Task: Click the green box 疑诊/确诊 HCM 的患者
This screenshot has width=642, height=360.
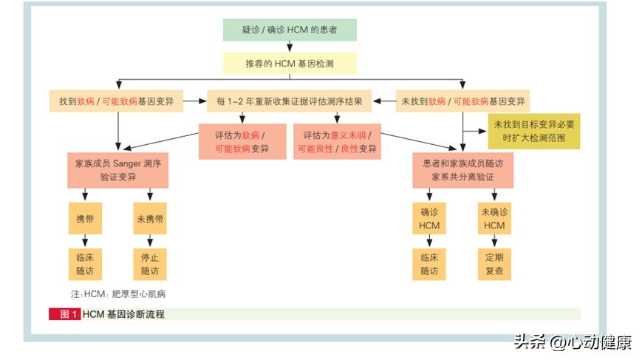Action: pos(290,30)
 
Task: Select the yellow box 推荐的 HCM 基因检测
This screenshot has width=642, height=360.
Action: pos(290,64)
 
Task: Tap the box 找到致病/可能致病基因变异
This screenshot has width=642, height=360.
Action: pos(117,101)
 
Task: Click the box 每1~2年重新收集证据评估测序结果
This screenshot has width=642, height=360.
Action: pos(289,101)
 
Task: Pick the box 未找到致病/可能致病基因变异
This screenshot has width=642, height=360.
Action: pos(464,101)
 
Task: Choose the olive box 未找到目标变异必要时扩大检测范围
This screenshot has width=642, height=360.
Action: pos(533,132)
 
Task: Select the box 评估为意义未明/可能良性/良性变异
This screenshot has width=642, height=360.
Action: pos(337,142)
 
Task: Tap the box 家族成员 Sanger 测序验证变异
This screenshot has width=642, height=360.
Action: pos(117,171)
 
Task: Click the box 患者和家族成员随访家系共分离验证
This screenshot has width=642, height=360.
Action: pos(463,171)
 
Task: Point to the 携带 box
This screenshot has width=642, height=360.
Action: pos(84,220)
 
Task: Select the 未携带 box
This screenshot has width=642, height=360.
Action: pos(150,220)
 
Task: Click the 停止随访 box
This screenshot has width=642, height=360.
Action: pos(150,264)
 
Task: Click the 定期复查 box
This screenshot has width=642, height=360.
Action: pos(494,264)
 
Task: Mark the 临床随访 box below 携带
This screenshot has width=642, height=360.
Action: pos(84,264)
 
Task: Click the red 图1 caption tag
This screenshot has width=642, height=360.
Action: pos(64,314)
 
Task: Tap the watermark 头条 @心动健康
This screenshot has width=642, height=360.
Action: pos(573,342)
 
